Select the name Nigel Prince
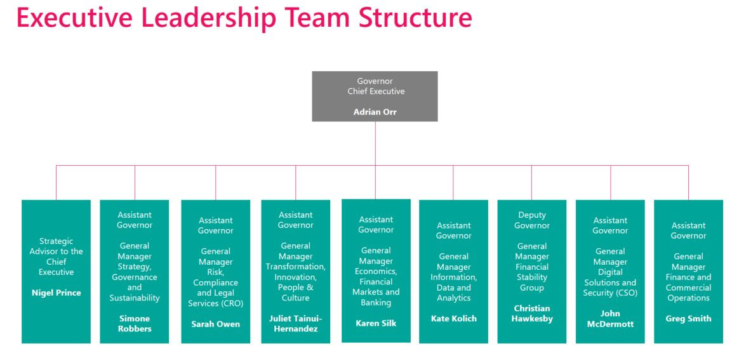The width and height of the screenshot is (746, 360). pos(56,293)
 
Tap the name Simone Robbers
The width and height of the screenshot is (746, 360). pos(135,323)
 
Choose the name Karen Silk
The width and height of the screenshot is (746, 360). pos(375,323)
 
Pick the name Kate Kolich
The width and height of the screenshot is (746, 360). pos(453,317)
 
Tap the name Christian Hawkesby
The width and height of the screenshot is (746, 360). pos(531,313)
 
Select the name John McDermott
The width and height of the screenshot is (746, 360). pos(610,317)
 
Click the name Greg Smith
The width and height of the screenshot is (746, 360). pos(688,319)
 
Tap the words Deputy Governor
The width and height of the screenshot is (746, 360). pos(531,220)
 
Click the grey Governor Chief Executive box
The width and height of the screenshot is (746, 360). pos(375,95)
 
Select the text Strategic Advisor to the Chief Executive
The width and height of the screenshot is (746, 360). pos(56,257)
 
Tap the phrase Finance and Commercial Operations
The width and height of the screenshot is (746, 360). pos(688,288)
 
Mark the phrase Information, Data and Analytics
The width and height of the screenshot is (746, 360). pos(453,288)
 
